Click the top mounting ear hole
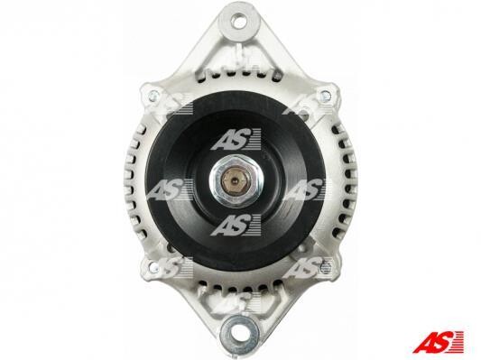click(239, 21)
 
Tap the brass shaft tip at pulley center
click(235, 180)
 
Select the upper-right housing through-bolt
click(327, 96)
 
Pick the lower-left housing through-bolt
click(153, 267)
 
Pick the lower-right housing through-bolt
click(326, 268)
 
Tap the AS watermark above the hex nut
click(236, 139)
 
